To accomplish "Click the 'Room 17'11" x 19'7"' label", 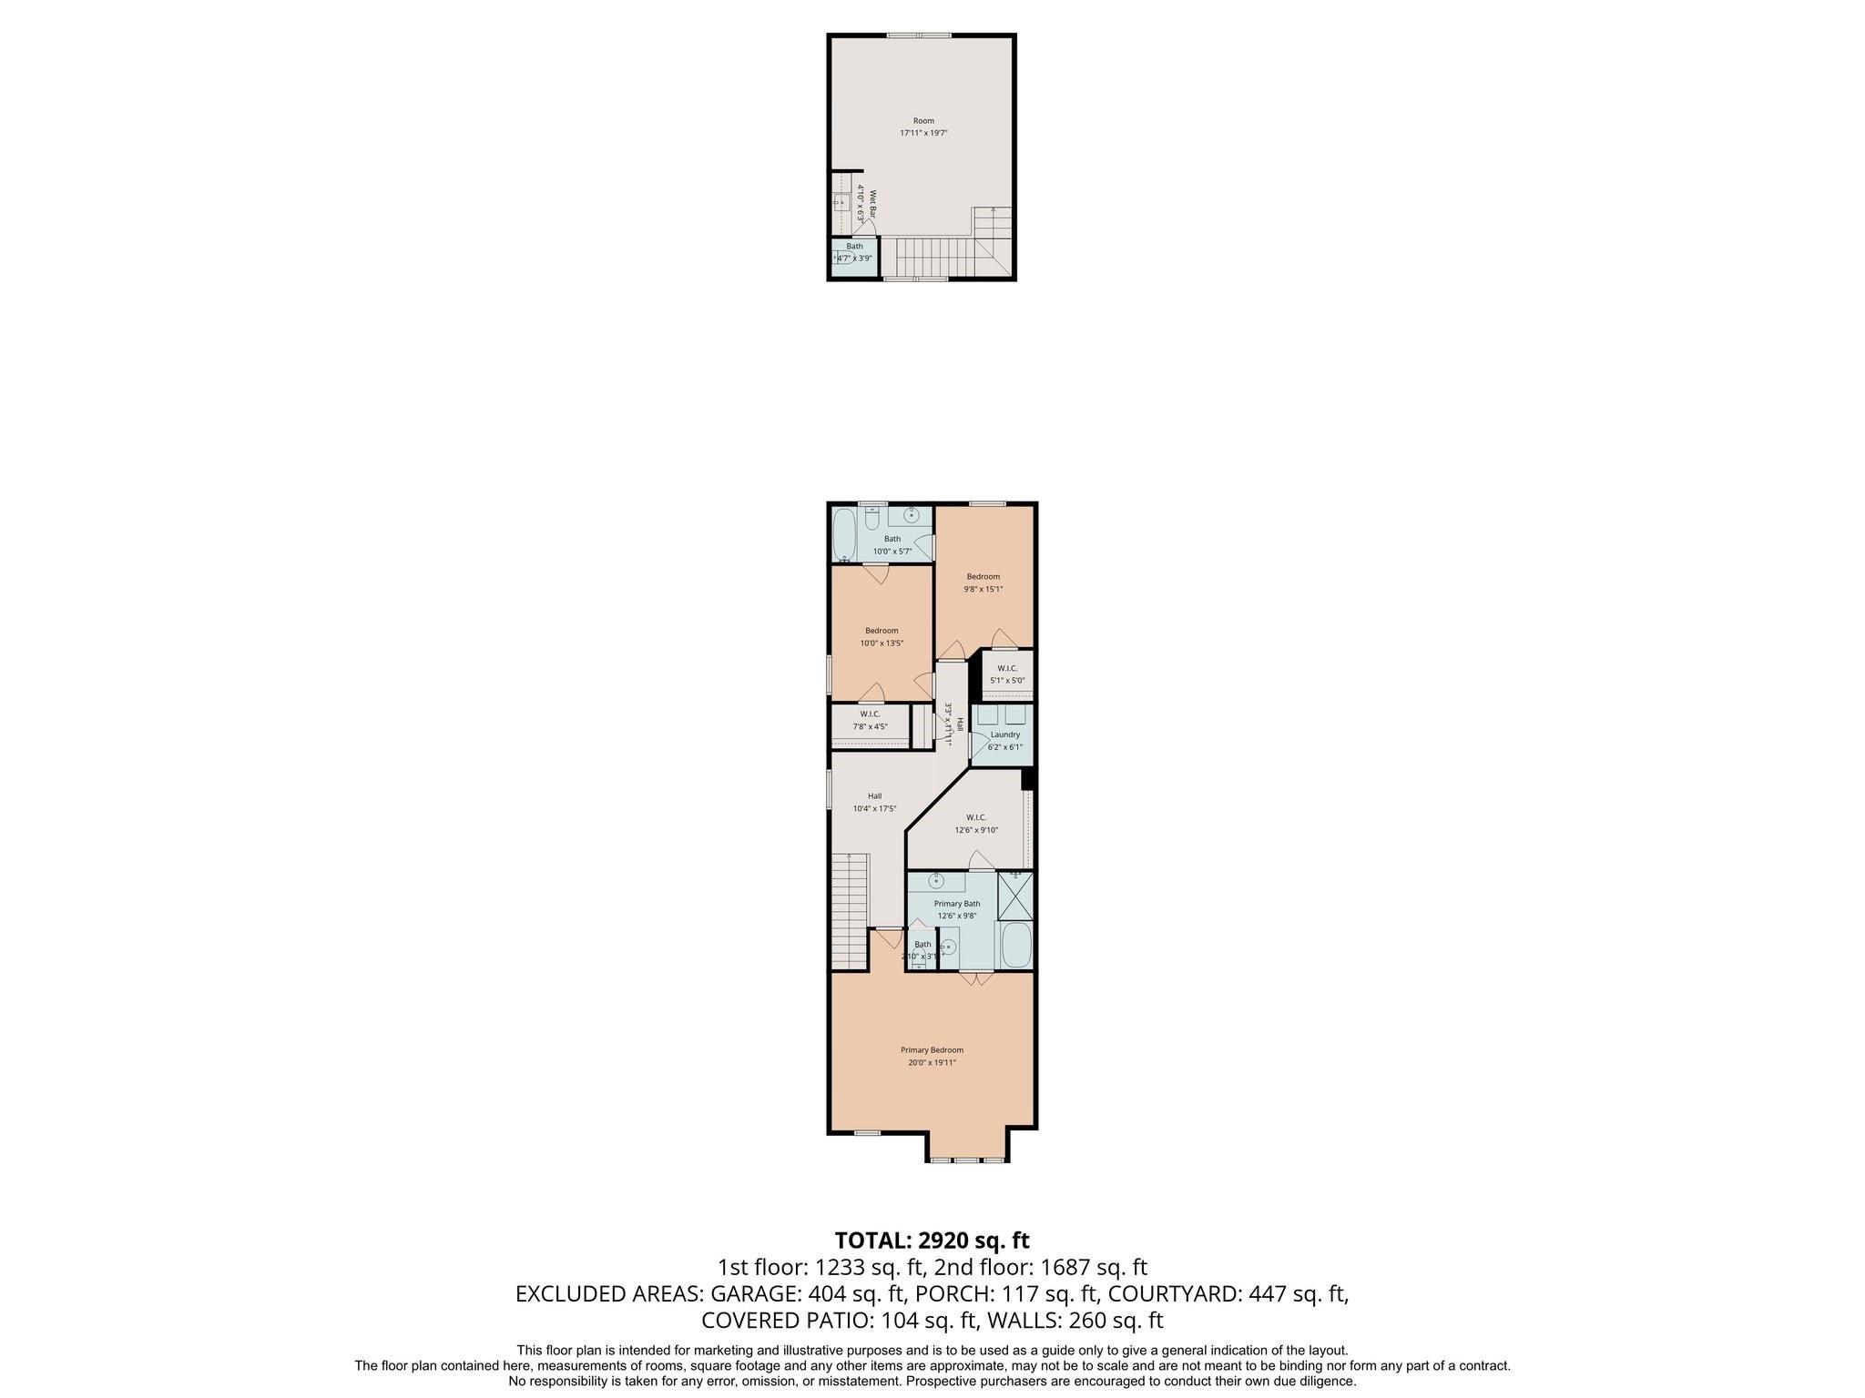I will (x=923, y=127).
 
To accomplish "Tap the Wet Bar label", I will (x=871, y=204).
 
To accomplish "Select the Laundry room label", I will (x=1004, y=740).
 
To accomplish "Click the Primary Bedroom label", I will (x=932, y=1056).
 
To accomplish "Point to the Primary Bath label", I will (x=956, y=909).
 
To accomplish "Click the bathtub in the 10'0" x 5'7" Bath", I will (x=843, y=535).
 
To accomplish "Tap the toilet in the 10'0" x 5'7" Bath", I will (x=871, y=519).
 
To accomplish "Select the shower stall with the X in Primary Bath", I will (x=1015, y=897).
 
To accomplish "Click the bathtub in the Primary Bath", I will (x=1015, y=947).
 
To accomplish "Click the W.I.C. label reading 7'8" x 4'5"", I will (x=869, y=720).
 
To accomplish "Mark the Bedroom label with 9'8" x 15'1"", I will (x=983, y=582).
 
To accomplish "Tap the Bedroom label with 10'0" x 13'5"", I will (x=881, y=636).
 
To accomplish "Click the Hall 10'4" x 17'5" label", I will (x=874, y=802).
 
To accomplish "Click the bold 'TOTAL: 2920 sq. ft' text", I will (x=932, y=1240).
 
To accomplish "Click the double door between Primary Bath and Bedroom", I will (x=976, y=978).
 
